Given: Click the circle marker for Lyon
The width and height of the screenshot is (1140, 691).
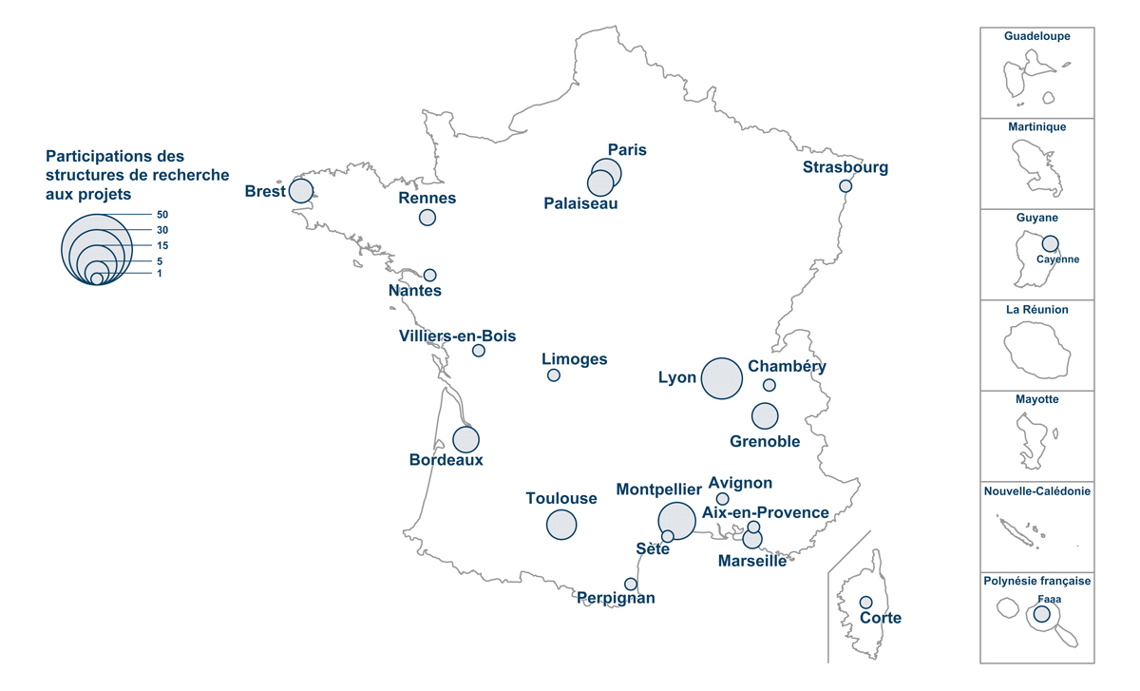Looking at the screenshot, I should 721,378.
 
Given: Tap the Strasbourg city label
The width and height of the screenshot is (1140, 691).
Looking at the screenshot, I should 845,168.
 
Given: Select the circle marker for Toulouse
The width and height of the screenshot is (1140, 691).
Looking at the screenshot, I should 561,525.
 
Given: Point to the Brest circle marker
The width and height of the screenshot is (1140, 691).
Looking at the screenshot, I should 301,190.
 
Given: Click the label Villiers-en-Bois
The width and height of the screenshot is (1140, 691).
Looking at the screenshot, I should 458,335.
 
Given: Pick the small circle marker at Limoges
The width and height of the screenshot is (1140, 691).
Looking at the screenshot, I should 554,375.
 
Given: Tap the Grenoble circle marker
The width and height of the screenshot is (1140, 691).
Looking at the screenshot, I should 765,416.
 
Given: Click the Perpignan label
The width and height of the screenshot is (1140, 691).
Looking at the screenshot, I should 617,598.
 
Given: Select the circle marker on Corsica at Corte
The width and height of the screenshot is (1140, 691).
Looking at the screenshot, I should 866,602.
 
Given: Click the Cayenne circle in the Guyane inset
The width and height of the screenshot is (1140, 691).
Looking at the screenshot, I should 1050,243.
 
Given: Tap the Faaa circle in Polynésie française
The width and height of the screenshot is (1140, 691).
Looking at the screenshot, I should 1042,614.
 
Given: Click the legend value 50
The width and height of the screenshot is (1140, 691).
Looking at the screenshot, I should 162,215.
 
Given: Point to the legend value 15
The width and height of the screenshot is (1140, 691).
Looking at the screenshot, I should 162,245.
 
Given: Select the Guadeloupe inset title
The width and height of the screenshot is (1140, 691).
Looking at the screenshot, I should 1037,37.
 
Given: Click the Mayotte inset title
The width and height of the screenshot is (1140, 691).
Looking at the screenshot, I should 1037,400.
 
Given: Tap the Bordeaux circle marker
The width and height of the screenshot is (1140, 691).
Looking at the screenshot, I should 465,440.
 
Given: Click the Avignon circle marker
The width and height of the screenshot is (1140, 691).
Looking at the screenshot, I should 722,499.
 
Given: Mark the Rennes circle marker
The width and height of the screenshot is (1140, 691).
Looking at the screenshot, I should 427,218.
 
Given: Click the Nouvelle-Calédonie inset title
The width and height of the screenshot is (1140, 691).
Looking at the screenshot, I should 1037,491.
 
